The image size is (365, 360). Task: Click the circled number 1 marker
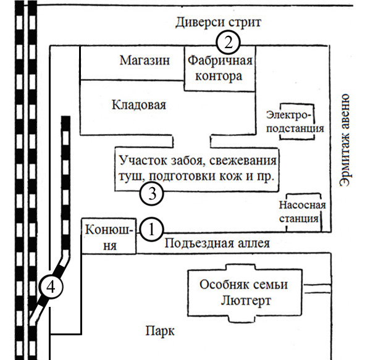point(151,230)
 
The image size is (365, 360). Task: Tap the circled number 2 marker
point(228,43)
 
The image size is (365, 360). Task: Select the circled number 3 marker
point(151,194)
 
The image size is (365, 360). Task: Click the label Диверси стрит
point(218,23)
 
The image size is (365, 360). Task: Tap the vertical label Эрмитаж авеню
point(345,140)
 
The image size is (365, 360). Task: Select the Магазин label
point(145,61)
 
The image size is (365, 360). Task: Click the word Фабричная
point(220,61)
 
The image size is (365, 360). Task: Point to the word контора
point(219,77)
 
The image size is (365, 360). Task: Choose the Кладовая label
point(139,105)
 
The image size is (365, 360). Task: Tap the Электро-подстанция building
point(297,122)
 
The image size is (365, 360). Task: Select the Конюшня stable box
point(109,236)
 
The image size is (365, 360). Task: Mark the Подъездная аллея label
point(217,243)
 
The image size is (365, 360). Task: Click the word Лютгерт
point(246,301)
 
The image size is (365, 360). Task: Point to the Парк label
point(160,331)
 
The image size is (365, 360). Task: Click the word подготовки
point(182,177)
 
